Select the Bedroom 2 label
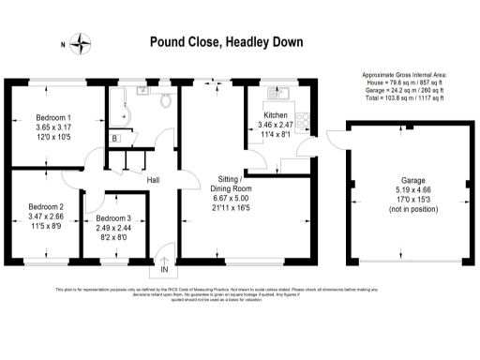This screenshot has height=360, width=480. tap(46, 206)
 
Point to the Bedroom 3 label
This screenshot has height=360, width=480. tap(112, 218)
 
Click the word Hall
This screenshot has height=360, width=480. tap(154, 180)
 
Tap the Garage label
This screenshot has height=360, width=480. tap(406, 181)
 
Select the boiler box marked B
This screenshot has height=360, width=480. tap(115, 139)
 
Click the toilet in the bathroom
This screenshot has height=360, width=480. tap(165, 97)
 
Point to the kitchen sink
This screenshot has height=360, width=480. tap(277, 93)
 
